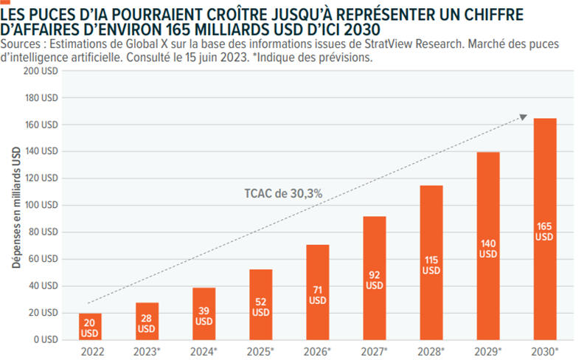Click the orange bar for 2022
coord(90,326)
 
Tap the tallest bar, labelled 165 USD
coord(544,229)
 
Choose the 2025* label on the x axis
coord(262,351)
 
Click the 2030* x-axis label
coord(546,351)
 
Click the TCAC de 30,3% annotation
coord(283,193)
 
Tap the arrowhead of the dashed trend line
coord(524,116)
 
